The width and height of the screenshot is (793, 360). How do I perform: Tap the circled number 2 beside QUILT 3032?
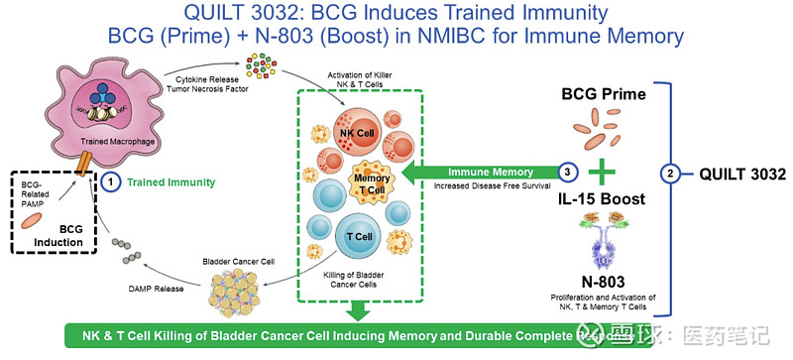[672, 175]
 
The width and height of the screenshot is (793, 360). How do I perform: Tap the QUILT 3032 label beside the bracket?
[733, 175]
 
